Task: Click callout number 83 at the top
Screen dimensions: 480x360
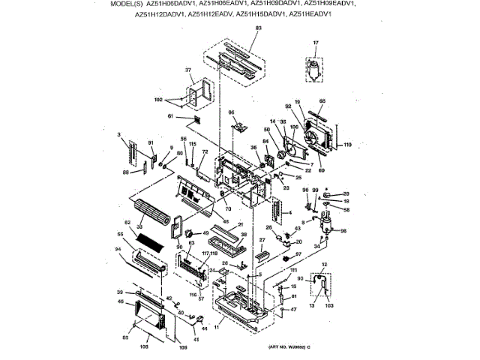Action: (x=259, y=28)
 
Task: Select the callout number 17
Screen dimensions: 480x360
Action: (x=316, y=43)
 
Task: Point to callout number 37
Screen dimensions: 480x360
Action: (x=189, y=70)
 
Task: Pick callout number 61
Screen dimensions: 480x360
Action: (x=170, y=116)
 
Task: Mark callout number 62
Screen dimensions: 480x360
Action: (x=127, y=223)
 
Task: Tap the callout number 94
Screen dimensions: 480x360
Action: (x=118, y=250)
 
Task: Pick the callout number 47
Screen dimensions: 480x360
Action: (x=294, y=309)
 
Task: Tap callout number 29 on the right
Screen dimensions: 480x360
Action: (x=346, y=193)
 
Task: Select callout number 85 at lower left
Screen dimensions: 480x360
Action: (x=124, y=336)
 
